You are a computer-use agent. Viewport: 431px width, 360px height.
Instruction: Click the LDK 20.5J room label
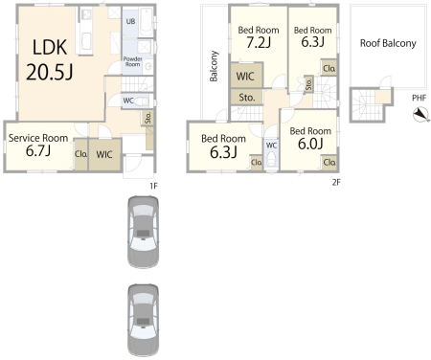50,59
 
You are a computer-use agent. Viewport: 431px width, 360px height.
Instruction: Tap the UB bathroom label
130,21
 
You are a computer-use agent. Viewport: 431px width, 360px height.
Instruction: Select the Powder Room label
132,61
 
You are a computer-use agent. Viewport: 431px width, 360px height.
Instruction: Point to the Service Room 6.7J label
38,146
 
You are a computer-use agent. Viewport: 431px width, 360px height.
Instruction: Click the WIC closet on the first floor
104,154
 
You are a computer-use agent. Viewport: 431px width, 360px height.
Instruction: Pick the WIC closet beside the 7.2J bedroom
246,76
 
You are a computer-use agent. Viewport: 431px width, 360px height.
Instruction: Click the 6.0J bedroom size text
310,144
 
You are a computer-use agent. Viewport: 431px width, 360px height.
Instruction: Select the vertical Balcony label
214,66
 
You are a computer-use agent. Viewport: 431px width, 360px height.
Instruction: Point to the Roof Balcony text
388,43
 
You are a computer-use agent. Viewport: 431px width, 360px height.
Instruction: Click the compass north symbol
421,115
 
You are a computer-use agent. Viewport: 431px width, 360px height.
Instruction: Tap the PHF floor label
419,98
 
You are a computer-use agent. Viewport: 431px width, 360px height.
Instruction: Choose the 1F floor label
153,186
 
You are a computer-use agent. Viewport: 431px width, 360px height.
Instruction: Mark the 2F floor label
336,182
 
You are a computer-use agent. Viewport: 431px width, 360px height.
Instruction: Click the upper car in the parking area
144,232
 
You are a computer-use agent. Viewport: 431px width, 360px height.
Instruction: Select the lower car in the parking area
144,321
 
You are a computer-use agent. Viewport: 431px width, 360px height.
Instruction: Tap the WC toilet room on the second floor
271,154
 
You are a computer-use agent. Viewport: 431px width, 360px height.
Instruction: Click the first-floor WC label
128,101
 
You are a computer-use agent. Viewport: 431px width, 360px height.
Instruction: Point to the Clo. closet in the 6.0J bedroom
329,162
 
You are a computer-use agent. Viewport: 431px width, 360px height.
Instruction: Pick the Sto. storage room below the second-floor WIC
246,98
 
